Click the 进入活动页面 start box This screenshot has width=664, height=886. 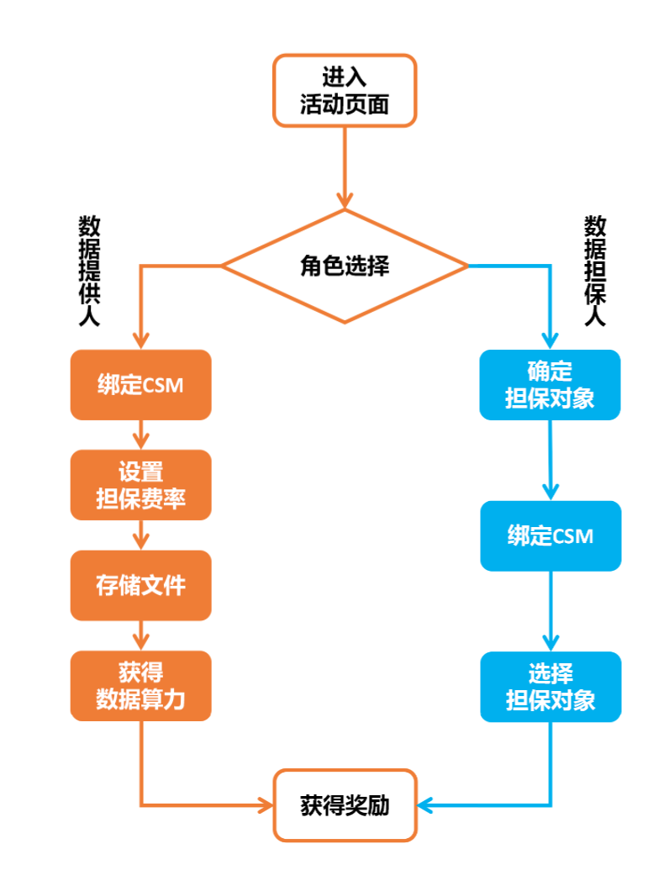pyautogui.click(x=345, y=91)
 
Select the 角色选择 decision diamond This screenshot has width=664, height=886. pyautogui.click(x=345, y=266)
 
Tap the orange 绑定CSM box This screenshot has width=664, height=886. pyautogui.click(x=140, y=385)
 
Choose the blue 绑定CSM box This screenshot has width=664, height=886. pyautogui.click(x=551, y=535)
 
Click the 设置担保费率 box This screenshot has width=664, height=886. pyautogui.click(x=140, y=485)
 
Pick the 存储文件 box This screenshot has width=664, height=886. pyautogui.click(x=140, y=585)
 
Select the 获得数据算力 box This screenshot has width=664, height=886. pyautogui.click(x=140, y=685)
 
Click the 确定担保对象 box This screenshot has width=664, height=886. pyautogui.click(x=550, y=385)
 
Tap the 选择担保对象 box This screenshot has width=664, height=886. pyautogui.click(x=551, y=686)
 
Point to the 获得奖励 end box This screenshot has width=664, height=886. pyautogui.click(x=345, y=805)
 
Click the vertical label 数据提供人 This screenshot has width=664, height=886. pyautogui.click(x=89, y=271)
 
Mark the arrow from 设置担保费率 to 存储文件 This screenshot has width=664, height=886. pyautogui.click(x=140, y=535)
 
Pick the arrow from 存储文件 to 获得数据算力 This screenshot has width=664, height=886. pyautogui.click(x=140, y=635)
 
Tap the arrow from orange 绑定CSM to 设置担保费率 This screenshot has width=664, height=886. pyautogui.click(x=140, y=435)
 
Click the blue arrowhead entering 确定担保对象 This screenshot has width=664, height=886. pyautogui.click(x=550, y=340)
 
